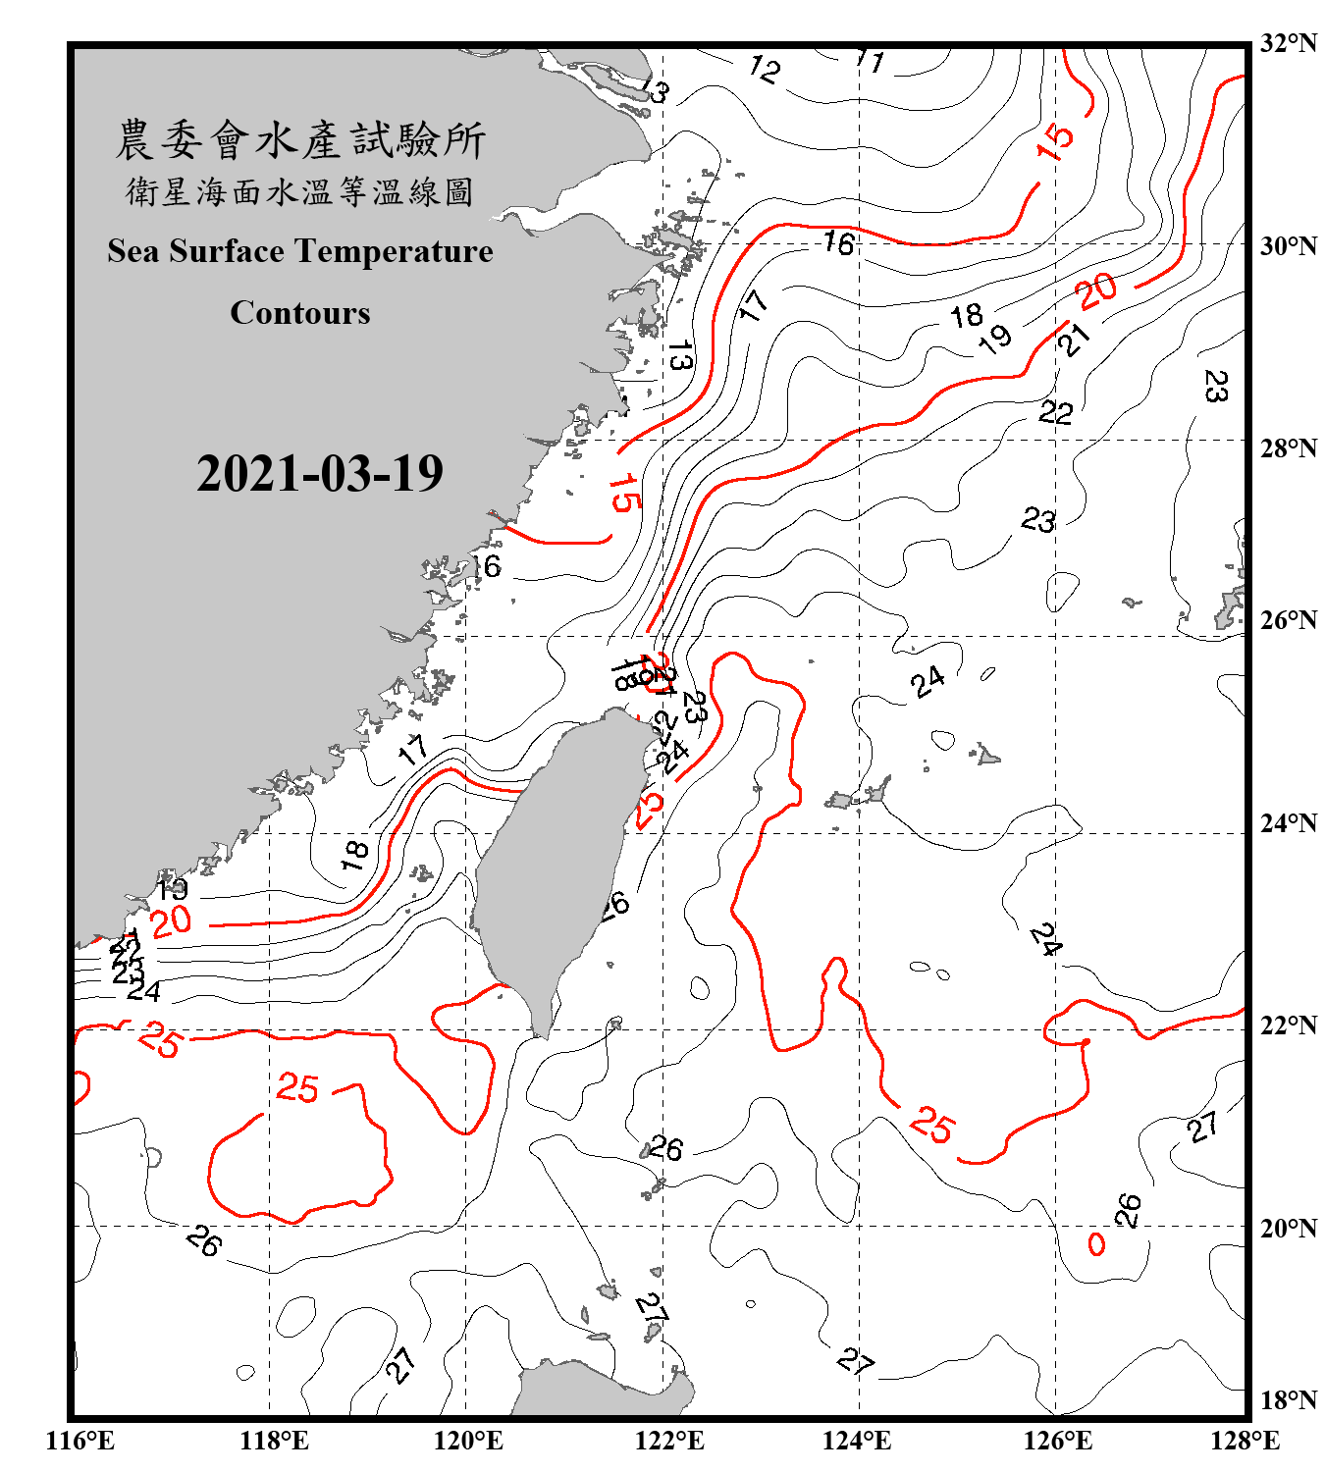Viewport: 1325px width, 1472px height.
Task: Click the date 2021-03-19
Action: (x=320, y=474)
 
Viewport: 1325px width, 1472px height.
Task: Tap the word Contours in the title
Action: (x=300, y=313)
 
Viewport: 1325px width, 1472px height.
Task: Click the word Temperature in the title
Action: (x=393, y=251)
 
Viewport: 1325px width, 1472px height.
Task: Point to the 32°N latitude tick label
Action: (x=1288, y=43)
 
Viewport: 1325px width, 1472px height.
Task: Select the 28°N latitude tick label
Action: (x=1288, y=447)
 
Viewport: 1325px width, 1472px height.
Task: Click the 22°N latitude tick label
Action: (x=1288, y=1025)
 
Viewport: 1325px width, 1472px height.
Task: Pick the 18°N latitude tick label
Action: (x=1288, y=1400)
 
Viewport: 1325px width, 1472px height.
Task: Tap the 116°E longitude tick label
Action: (x=80, y=1441)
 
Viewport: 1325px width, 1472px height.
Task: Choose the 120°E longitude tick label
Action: (x=468, y=1441)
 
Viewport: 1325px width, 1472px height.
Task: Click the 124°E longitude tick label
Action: (x=857, y=1441)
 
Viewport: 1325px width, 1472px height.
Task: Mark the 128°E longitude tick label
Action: (x=1245, y=1441)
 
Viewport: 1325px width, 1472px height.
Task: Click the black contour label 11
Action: (x=870, y=61)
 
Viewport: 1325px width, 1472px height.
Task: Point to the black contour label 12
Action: (x=765, y=69)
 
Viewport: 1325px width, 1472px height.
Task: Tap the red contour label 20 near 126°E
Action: (x=1096, y=290)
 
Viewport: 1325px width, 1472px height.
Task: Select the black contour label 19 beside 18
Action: (x=995, y=339)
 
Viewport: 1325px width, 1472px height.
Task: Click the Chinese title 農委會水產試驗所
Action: (x=300, y=140)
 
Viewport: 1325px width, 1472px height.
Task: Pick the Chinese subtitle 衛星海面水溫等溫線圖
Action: (x=300, y=191)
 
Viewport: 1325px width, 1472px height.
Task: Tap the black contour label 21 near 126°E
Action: (x=1074, y=340)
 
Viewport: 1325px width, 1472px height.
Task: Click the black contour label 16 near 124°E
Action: (x=838, y=242)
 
